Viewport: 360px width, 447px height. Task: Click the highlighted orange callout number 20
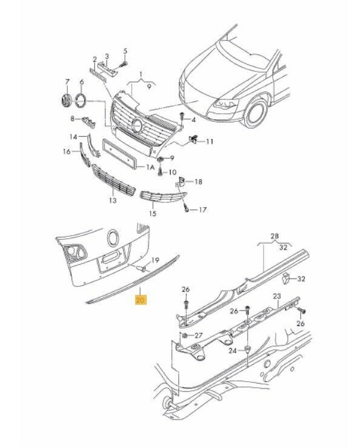(141, 300)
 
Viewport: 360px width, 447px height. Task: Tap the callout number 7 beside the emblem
(67, 82)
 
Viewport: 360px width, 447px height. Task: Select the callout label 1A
(150, 167)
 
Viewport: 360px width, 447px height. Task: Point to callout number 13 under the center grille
(113, 200)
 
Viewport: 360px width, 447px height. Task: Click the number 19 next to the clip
(155, 260)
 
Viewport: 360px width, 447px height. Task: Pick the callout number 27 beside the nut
(198, 336)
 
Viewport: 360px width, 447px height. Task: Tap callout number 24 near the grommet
(233, 350)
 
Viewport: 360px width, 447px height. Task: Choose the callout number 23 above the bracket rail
(277, 296)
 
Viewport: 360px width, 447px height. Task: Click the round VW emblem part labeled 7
(66, 101)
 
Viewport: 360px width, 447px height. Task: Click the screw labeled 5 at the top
(123, 64)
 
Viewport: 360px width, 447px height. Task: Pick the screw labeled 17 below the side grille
(186, 208)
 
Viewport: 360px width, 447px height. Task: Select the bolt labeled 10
(160, 172)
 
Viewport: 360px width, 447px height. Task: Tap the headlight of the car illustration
(225, 104)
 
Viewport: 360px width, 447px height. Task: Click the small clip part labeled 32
(285, 279)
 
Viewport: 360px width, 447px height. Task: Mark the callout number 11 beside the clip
(210, 141)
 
